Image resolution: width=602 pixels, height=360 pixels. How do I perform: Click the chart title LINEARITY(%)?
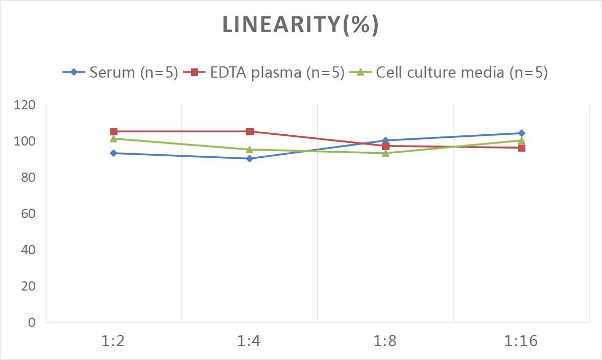300,25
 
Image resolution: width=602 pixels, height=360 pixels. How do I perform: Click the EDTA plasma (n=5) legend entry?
264,72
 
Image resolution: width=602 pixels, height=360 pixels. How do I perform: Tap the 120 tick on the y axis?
25,105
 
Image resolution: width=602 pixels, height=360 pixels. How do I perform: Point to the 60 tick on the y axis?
28,213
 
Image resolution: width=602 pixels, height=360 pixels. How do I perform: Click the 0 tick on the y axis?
32,322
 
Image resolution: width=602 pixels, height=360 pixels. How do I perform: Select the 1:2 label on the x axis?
113,341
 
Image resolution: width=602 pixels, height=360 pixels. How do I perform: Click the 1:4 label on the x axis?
250,341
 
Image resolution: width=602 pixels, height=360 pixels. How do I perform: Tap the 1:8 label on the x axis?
386,341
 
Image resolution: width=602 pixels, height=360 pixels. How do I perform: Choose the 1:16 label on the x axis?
521,341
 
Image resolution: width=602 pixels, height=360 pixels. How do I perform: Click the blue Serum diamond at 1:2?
113,153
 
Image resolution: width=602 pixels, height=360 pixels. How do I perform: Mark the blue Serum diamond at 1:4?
250,158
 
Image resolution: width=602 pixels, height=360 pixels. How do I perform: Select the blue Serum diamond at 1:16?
521,133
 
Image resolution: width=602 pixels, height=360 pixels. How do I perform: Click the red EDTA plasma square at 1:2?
113,132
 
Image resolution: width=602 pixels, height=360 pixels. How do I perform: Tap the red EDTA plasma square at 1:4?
250,132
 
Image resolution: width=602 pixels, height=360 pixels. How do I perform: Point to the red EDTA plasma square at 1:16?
521,148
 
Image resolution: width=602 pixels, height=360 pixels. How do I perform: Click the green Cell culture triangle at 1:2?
113,138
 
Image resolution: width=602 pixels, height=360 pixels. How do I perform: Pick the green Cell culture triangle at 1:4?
250,150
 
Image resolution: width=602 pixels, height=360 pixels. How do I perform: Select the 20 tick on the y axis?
28,286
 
